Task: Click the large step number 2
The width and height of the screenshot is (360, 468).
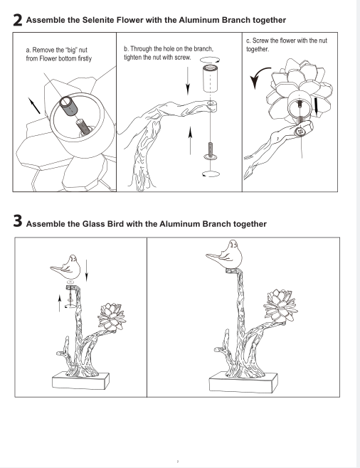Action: point(18,21)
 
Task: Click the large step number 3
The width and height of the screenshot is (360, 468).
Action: point(18,221)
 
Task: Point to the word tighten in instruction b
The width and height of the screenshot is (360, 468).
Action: point(132,58)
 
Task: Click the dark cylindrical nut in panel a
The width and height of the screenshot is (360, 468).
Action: point(68,107)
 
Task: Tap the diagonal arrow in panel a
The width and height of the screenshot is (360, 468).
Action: point(34,105)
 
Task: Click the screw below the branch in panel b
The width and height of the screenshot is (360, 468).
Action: point(211,151)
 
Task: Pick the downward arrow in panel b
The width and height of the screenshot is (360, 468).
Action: point(188,80)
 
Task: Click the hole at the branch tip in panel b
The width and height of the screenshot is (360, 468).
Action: point(211,104)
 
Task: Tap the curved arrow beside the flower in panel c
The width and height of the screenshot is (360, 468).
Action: point(259,76)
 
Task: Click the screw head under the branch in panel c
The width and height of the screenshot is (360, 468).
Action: point(300,131)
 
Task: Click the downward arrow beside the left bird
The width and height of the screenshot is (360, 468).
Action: point(86,270)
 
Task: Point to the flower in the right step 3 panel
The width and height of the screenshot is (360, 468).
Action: point(280,306)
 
